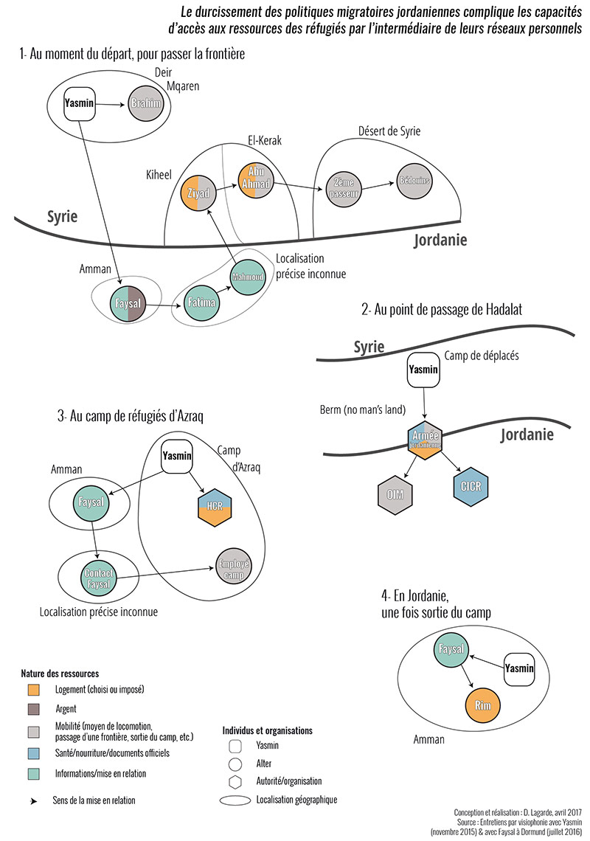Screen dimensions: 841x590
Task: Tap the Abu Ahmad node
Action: (x=257, y=179)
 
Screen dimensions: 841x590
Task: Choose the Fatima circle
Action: (x=201, y=302)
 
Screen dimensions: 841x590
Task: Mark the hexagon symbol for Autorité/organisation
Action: (x=235, y=780)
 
